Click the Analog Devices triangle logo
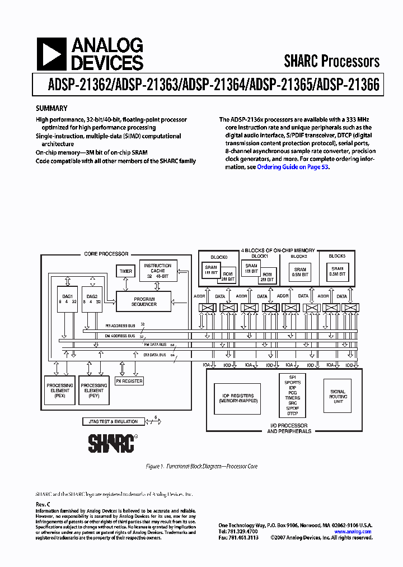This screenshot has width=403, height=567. pos(49,54)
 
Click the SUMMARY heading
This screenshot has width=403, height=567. pos(51,108)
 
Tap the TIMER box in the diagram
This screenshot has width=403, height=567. pos(126,271)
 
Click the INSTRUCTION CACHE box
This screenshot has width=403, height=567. pos(158,271)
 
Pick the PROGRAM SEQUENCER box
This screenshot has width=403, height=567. pos(144,301)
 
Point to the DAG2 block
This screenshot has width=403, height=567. pos(92,300)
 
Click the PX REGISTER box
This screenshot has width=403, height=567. pos(129,381)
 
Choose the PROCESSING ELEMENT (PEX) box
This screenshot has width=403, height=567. pos(60,391)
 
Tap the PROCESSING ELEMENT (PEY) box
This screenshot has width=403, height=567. pos(94,391)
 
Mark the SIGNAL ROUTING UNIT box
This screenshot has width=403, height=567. pos(338,396)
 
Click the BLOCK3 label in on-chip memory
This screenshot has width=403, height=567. pos(337,256)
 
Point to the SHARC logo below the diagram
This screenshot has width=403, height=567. pos(112,443)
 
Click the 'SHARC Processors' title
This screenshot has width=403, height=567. pos(331,61)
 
